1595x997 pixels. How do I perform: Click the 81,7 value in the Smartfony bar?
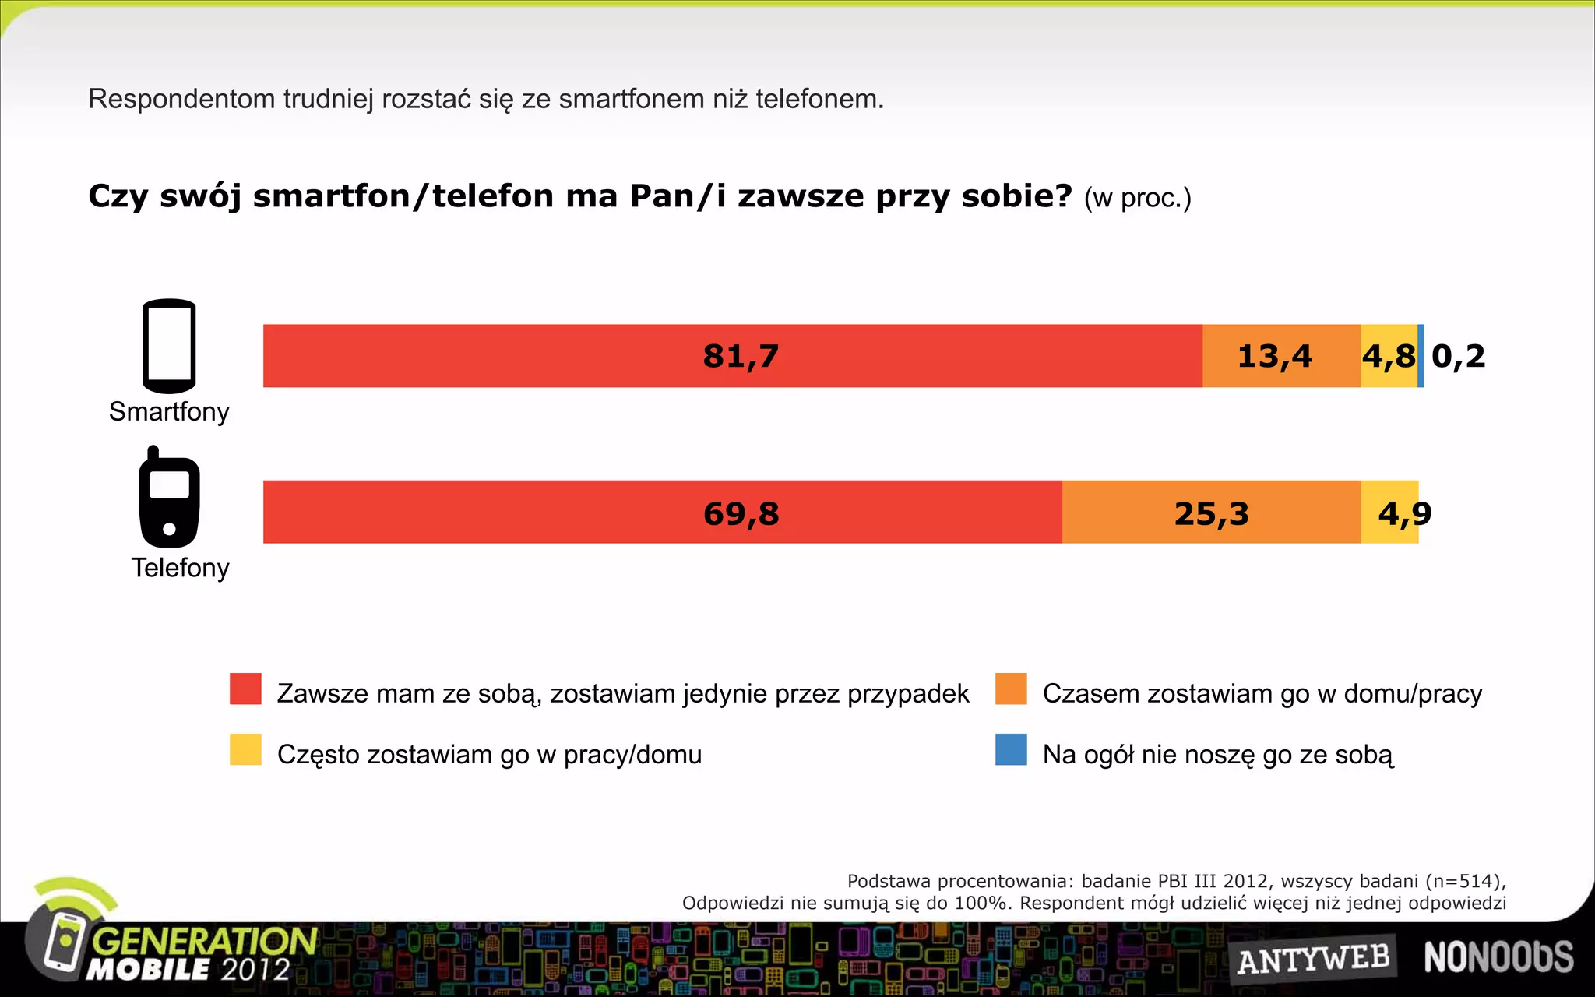(741, 356)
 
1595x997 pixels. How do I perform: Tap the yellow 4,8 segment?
(1388, 356)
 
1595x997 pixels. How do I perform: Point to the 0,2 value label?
(1458, 356)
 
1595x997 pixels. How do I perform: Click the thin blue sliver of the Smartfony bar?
(1421, 356)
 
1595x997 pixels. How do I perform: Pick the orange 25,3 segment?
(1211, 512)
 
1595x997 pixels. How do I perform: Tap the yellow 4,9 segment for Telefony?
(1390, 512)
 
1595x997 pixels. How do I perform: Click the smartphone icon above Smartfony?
(169, 346)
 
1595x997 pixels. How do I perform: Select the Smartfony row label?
(169, 411)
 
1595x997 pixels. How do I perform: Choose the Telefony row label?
(180, 568)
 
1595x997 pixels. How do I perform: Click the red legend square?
(245, 689)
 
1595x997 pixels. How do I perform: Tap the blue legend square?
(1011, 749)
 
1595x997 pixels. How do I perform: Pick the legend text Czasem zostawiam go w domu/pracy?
(1262, 693)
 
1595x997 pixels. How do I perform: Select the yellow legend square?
(245, 749)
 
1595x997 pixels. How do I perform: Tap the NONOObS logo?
(1498, 957)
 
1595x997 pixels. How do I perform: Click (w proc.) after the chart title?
(1137, 198)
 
